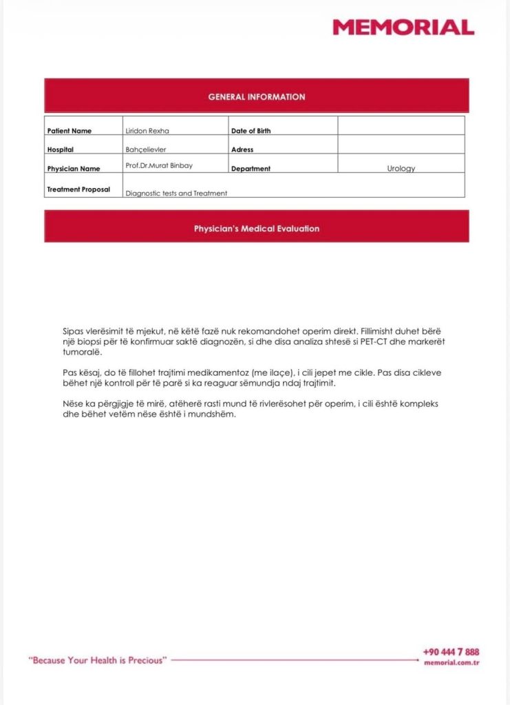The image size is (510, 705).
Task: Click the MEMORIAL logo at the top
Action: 403,28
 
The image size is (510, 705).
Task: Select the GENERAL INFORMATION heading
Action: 257,97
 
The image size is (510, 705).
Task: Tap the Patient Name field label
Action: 69,131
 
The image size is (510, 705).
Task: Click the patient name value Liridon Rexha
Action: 147,131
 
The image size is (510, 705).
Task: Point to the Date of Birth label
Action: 251,131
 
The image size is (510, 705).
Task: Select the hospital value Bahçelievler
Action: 146,149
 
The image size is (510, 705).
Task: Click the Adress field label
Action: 242,149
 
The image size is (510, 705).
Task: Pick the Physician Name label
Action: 74,169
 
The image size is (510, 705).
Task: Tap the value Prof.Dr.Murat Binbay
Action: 158,165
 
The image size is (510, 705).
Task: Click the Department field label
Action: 251,169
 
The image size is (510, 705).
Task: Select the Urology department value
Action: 401,169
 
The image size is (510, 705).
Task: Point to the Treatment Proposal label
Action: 78,189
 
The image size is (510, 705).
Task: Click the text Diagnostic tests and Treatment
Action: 176,193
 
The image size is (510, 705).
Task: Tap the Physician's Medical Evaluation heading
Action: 257,229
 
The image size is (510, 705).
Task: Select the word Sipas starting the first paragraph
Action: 74,331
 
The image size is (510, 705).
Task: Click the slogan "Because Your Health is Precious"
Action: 98,660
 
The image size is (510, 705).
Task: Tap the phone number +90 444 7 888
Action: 451,652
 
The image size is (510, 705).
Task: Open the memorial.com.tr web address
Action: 451,662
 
